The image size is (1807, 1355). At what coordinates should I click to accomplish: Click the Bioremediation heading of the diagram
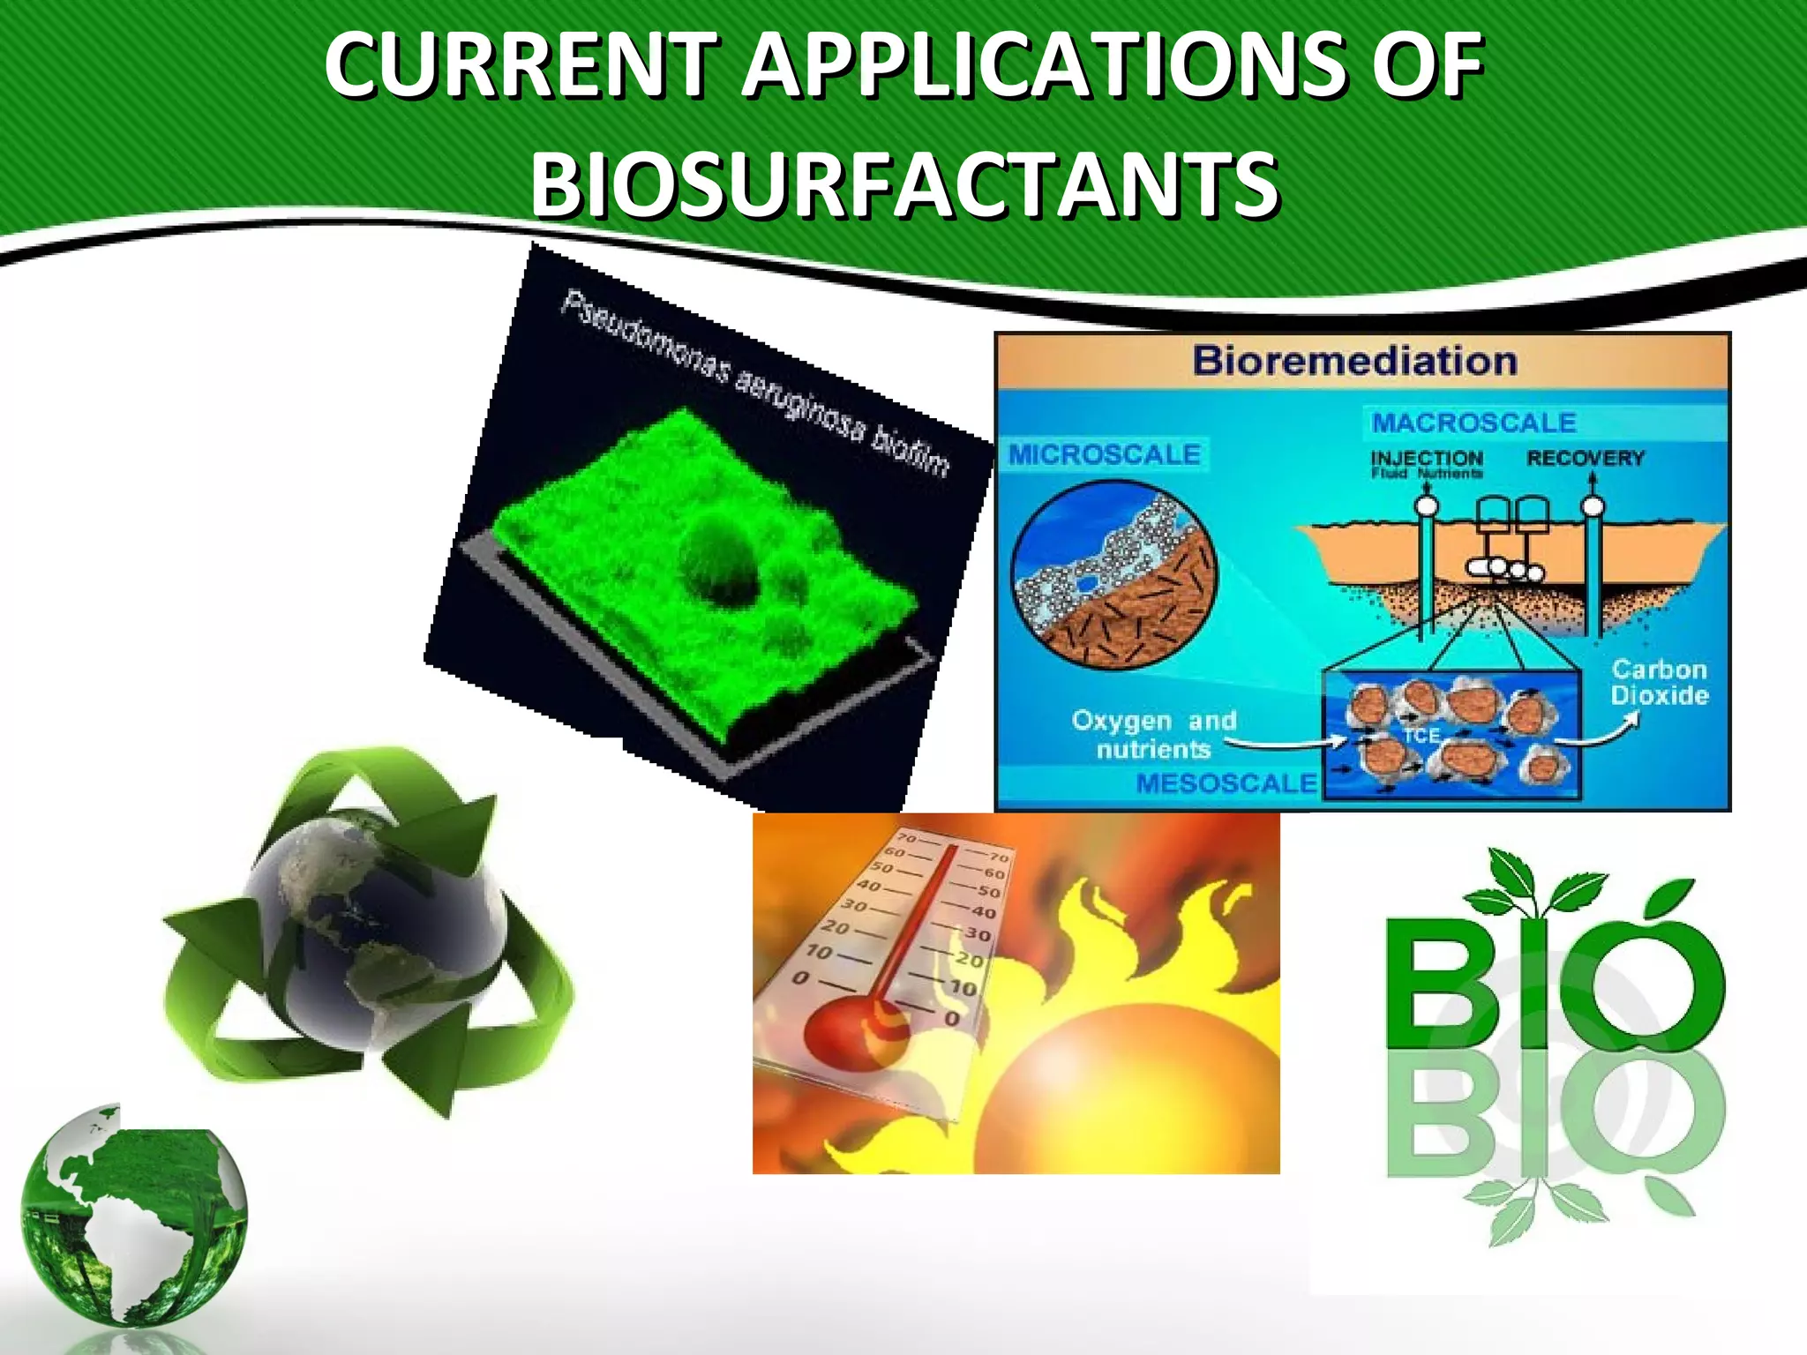pyautogui.click(x=1355, y=361)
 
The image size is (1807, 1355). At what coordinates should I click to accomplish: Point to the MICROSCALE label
pyautogui.click(x=1105, y=454)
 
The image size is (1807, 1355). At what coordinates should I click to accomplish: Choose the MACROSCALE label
pyautogui.click(x=1473, y=423)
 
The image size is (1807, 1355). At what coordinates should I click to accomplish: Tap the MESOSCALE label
pyautogui.click(x=1226, y=782)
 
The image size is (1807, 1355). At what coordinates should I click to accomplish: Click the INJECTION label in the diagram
pyautogui.click(x=1427, y=459)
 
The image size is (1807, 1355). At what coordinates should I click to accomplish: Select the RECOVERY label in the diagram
pyautogui.click(x=1586, y=459)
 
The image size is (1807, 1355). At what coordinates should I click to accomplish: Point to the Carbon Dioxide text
pyautogui.click(x=1659, y=682)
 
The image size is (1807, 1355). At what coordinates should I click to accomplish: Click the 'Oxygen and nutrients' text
pyautogui.click(x=1153, y=734)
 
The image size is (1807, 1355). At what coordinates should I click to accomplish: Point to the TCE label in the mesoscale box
pyautogui.click(x=1421, y=735)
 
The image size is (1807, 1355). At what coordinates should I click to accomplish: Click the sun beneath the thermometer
pyautogui.click(x=1121, y=1094)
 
